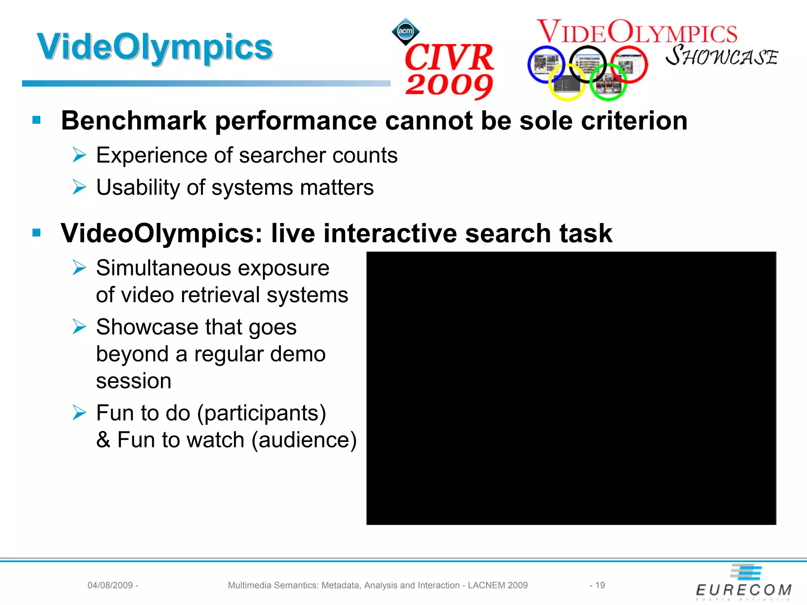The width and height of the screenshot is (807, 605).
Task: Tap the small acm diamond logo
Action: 405,31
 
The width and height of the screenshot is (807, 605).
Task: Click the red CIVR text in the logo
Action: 449,58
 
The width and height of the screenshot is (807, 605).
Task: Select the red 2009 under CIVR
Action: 449,85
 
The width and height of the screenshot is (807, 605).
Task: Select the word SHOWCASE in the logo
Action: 721,56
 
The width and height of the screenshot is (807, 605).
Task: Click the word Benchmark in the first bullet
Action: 134,121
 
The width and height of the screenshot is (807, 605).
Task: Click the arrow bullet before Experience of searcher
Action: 79,155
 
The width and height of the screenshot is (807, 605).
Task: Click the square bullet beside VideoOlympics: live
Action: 37,233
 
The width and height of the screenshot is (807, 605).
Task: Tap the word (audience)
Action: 304,440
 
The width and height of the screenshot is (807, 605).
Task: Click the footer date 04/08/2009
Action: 110,585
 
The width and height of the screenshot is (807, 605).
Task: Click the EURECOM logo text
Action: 743,590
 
